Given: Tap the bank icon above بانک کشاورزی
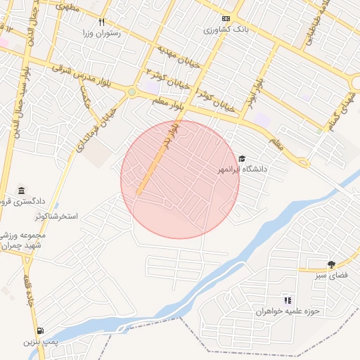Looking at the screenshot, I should pyautogui.click(x=226, y=19).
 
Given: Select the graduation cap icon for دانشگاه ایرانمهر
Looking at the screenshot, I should pyautogui.click(x=243, y=160).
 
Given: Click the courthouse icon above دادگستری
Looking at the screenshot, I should pyautogui.click(x=22, y=191).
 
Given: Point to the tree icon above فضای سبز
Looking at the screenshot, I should pyautogui.click(x=330, y=264).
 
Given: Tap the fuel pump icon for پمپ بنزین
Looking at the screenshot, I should pyautogui.click(x=39, y=330).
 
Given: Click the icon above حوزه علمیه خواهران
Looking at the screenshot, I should pyautogui.click(x=287, y=300).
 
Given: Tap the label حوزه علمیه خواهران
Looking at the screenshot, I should pyautogui.click(x=287, y=311).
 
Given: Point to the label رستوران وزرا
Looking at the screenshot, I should pyautogui.click(x=101, y=33).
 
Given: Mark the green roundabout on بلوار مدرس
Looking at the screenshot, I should pyautogui.click(x=131, y=91).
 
